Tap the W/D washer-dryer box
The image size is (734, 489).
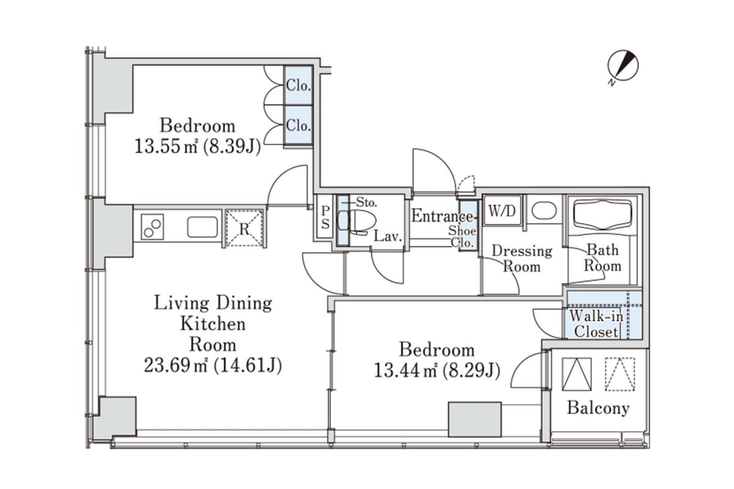coord(502,211)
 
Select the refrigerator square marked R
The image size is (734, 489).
coord(243,228)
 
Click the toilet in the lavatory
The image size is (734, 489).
coord(352,222)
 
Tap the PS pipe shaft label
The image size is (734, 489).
coord(325,217)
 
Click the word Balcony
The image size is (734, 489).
coord(597,408)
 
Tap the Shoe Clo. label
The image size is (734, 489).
coord(462,237)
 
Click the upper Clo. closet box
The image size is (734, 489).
coord(298,86)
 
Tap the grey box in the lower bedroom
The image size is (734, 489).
coord(475,419)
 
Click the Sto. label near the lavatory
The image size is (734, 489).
coord(367,200)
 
